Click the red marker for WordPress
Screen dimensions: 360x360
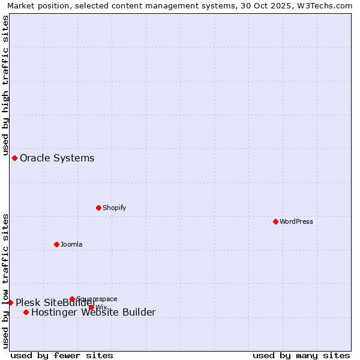275,221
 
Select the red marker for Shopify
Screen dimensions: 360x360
98,208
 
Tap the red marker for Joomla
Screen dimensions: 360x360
56,244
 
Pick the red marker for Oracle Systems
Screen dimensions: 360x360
14,158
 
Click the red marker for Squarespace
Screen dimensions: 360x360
72,299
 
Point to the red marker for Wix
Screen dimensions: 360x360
91,307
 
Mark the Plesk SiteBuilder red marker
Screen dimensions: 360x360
10,302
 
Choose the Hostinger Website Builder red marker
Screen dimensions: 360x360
26,312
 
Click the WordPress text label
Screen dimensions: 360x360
296,221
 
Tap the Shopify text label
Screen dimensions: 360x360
114,208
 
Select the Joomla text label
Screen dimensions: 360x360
71,244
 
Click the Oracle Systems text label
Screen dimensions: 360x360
57,158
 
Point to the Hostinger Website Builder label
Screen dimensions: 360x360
93,312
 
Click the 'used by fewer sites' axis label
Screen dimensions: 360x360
62,355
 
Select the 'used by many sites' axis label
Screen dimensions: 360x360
301,355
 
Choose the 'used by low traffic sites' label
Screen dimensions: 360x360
5,280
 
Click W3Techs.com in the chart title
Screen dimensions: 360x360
323,5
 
